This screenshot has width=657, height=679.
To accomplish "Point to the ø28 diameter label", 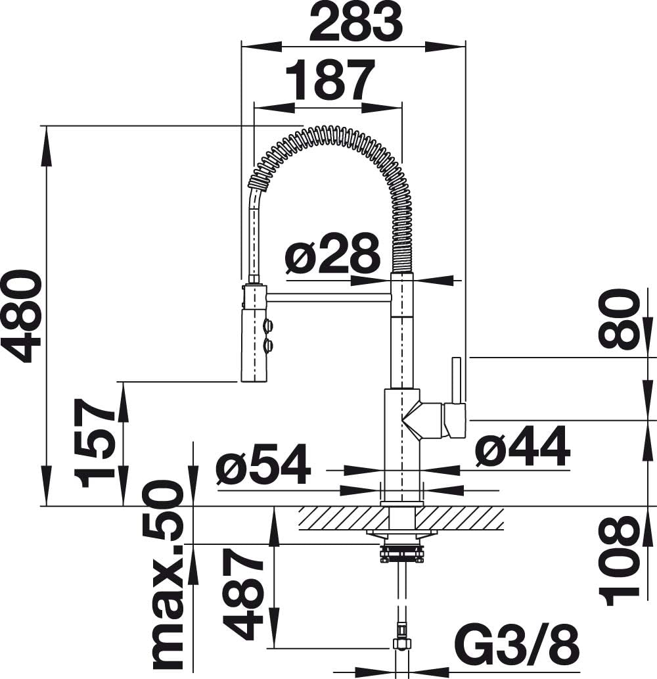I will point(333,253).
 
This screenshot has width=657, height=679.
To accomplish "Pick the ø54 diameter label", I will point(263,464).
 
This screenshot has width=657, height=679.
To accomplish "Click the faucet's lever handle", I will point(456,381).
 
